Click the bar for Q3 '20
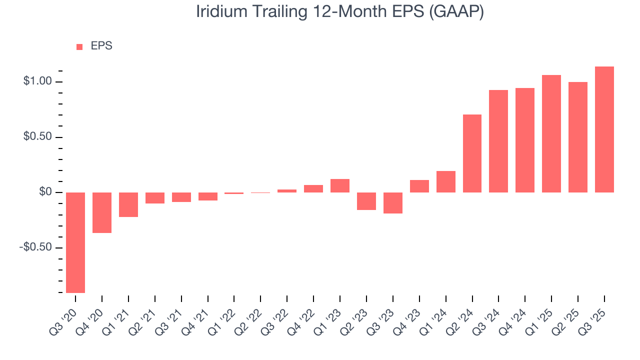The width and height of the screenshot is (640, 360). [x=75, y=242]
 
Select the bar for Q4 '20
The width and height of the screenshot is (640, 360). [x=102, y=212]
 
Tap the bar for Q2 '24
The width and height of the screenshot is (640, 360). [x=472, y=153]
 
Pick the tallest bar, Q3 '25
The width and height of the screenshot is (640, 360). [x=604, y=129]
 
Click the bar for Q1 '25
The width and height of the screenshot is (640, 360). [x=551, y=133]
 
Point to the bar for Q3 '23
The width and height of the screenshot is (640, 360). [x=392, y=203]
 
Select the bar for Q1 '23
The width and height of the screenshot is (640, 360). [x=340, y=185]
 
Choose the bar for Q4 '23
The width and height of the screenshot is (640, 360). [x=419, y=186]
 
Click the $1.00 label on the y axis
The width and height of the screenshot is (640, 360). [x=37, y=81]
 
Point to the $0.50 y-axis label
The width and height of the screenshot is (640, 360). [x=37, y=137]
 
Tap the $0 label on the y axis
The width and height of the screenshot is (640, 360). [x=45, y=192]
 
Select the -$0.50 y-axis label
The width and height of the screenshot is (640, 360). [x=35, y=248]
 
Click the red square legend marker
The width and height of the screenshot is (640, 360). [x=79, y=46]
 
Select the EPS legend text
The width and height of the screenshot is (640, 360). [x=101, y=46]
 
